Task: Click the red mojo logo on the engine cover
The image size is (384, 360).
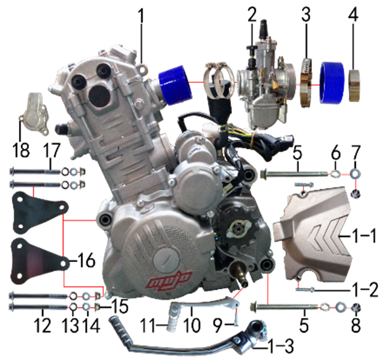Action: (169, 280)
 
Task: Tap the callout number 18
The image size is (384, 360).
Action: (21, 150)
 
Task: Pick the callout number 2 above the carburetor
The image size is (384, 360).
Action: (252, 14)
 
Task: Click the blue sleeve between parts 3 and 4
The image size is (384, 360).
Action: (332, 82)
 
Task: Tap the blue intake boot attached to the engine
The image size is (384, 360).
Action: (175, 82)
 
